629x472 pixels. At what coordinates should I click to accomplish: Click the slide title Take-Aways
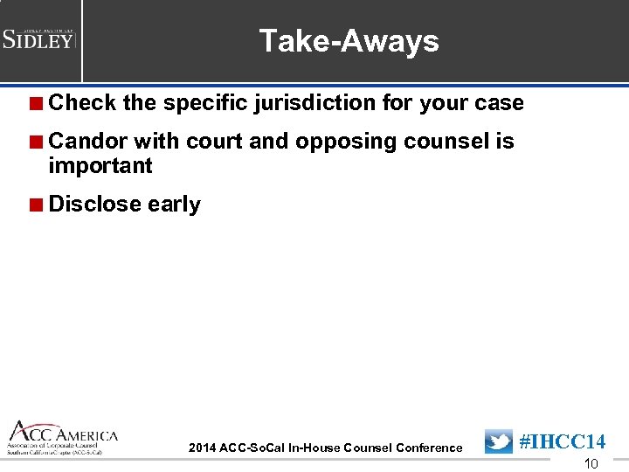coord(349,41)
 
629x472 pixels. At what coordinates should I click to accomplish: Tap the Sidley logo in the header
coord(39,38)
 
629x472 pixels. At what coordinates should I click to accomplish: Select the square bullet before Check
coord(36,103)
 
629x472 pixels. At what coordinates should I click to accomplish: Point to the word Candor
coord(88,142)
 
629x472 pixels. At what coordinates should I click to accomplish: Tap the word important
coord(100,166)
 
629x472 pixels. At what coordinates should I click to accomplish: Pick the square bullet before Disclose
coord(36,205)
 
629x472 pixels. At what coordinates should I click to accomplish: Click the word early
coord(174,205)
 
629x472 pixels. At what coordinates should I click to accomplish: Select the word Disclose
coord(95,205)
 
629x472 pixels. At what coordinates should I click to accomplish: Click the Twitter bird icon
coord(499,442)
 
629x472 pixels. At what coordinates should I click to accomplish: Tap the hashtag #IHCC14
coord(563,442)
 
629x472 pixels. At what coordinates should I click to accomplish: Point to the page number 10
coord(591,464)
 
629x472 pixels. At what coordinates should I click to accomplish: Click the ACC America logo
coord(62,438)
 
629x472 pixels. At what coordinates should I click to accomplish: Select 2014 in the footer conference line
coord(202,448)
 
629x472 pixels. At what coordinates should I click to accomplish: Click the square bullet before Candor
coord(36,142)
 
